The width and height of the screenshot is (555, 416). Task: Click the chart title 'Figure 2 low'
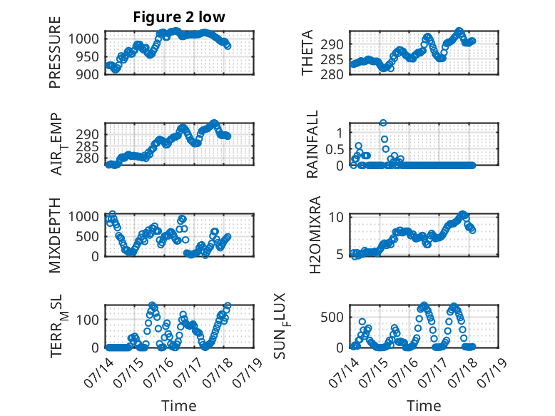click(179, 17)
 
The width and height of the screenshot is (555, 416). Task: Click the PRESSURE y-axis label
click(55, 52)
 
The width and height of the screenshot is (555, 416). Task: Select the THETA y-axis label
click(307, 52)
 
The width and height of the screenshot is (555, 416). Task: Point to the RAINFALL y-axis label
click(312, 144)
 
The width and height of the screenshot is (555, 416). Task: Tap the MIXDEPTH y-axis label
click(55, 235)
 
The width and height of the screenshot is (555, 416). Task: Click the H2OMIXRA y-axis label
click(315, 235)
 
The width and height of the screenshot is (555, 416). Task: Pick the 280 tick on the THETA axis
click(332, 75)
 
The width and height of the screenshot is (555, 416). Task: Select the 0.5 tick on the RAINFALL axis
click(335, 149)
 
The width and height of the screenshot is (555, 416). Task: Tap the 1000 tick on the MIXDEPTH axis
click(83, 216)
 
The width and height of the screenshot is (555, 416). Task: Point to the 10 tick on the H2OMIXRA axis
click(336, 217)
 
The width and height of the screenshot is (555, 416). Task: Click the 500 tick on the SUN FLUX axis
click(332, 318)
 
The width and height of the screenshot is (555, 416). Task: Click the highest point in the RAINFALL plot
click(383, 123)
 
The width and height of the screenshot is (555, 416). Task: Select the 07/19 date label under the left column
click(248, 372)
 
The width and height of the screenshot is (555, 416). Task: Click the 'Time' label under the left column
click(179, 406)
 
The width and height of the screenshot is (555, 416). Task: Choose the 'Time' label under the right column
click(424, 406)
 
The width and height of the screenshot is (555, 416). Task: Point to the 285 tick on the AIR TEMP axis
click(87, 146)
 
